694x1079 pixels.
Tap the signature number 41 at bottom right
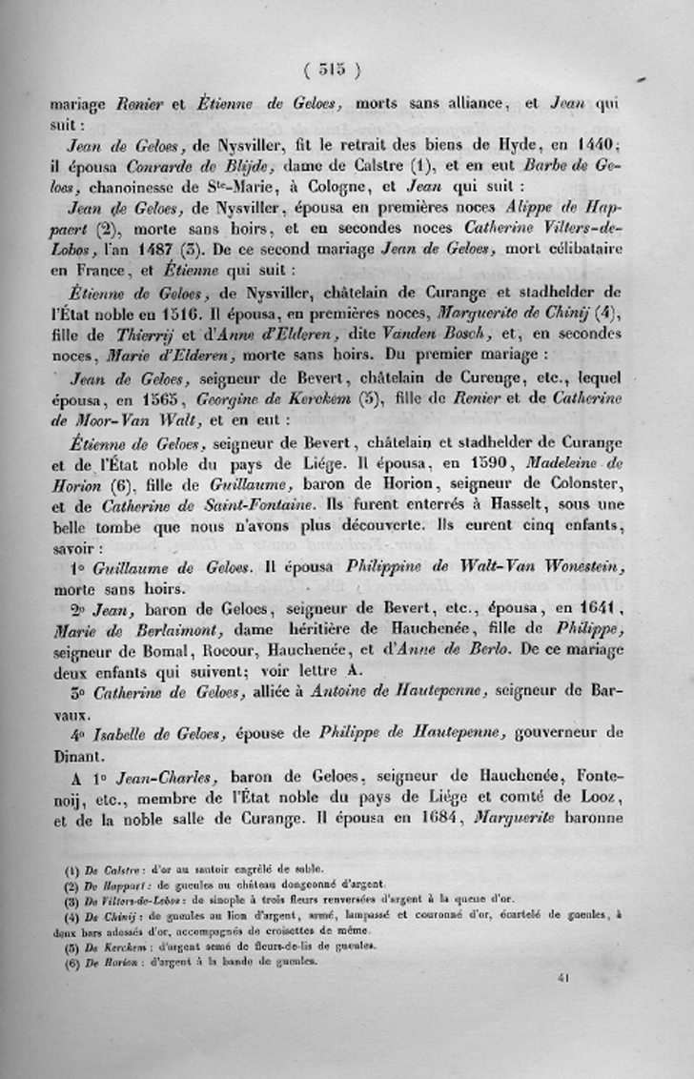(x=563, y=976)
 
